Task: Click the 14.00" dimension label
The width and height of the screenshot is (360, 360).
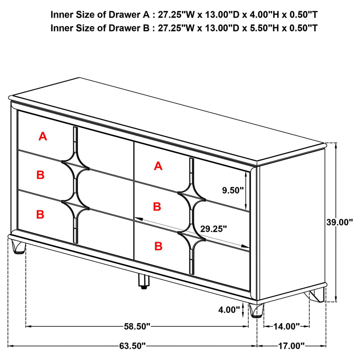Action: click(287, 325)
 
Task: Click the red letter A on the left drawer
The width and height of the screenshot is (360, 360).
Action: click(43, 136)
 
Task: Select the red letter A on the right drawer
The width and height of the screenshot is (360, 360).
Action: click(158, 166)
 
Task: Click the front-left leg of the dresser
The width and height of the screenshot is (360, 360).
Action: click(18, 247)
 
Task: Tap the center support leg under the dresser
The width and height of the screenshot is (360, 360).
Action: click(143, 282)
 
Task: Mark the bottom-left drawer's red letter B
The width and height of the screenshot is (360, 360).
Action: click(40, 215)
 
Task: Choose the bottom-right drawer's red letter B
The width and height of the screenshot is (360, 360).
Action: click(158, 246)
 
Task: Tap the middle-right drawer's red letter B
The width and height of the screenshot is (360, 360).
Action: click(157, 207)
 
